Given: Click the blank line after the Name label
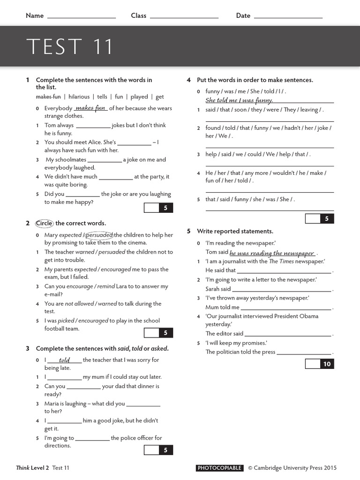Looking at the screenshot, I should [82, 17].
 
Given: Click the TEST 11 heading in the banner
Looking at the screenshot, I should [70, 47].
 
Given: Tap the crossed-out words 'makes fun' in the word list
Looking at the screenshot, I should [48, 97].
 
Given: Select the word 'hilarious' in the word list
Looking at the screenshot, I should [79, 97].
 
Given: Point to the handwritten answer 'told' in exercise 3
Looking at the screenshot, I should [64, 360].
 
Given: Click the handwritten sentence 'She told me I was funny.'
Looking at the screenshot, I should [239, 100].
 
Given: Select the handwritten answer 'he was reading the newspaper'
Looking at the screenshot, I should [272, 253].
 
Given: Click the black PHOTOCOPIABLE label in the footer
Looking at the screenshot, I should [219, 468].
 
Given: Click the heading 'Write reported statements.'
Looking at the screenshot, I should [235, 231].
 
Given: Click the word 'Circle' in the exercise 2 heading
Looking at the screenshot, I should [45, 223].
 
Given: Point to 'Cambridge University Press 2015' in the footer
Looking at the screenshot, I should [295, 468].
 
